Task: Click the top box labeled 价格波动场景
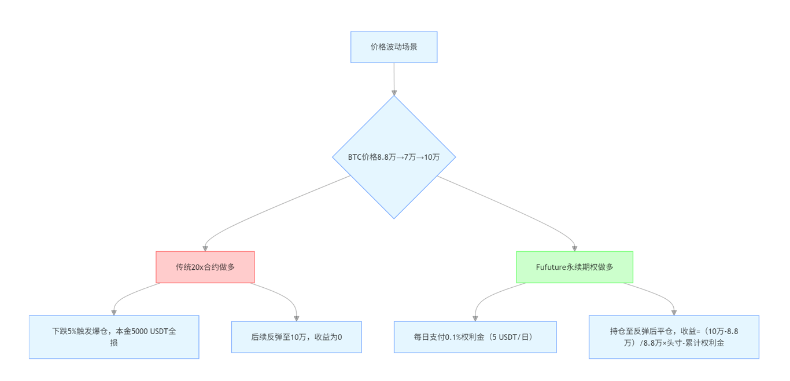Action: pyautogui.click(x=394, y=47)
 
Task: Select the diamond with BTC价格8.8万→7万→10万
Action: pyautogui.click(x=394, y=157)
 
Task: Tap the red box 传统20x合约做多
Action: pyautogui.click(x=205, y=267)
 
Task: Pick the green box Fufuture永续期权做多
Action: pyautogui.click(x=574, y=267)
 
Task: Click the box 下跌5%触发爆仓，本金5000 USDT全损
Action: pyautogui.click(x=114, y=337)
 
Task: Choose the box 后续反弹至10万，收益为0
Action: pyautogui.click(x=297, y=337)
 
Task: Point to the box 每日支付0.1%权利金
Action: pyautogui.click(x=475, y=337)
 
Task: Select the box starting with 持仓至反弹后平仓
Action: pyautogui.click(x=674, y=337)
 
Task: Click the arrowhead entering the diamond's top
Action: pyautogui.click(x=394, y=93)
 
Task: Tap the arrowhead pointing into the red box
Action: pyautogui.click(x=205, y=248)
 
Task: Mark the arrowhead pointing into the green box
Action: pyautogui.click(x=574, y=248)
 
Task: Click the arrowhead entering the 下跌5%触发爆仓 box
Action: pyautogui.click(x=114, y=313)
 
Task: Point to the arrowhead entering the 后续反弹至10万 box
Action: pyautogui.click(x=297, y=318)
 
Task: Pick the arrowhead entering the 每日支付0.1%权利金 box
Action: pyautogui.click(x=475, y=318)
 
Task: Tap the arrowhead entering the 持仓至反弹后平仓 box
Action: pyautogui.click(x=674, y=313)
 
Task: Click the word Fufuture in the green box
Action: pyautogui.click(x=551, y=268)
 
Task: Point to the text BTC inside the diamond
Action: pyautogui.click(x=355, y=157)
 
